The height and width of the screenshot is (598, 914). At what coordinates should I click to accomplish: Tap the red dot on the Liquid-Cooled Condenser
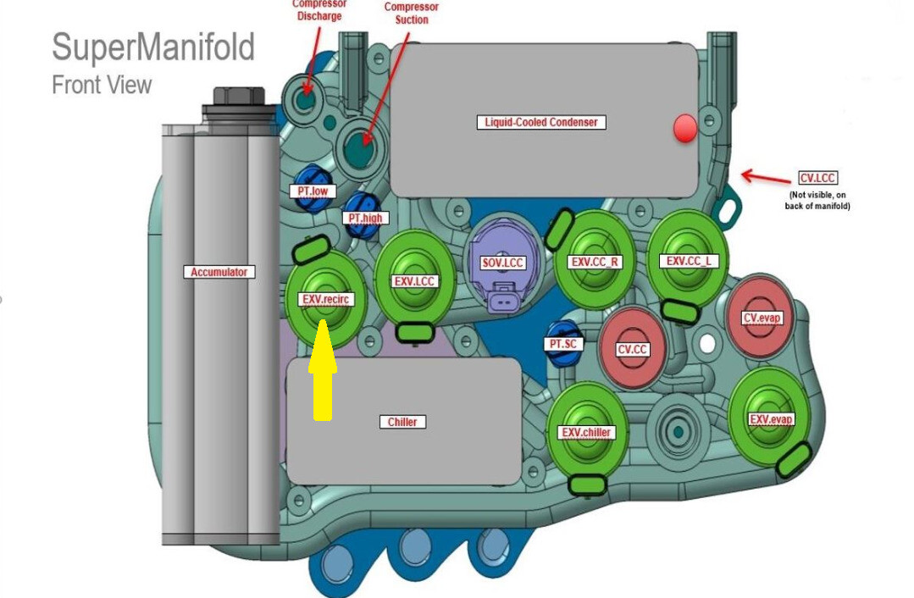tap(684, 129)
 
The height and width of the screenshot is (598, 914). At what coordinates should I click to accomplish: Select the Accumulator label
tap(219, 272)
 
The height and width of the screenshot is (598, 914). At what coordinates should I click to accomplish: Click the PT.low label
tap(313, 191)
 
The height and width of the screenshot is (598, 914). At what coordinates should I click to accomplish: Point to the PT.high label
tap(366, 218)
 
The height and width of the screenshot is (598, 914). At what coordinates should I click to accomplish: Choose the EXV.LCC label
tap(415, 280)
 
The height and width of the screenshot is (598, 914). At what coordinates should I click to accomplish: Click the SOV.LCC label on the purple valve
tap(504, 263)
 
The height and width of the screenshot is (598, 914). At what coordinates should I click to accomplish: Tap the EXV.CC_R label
tap(595, 262)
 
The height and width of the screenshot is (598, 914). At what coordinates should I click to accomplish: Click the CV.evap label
tap(762, 318)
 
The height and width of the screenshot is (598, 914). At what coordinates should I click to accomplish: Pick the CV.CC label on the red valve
tap(633, 349)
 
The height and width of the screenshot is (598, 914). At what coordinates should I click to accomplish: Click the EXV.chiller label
tap(586, 433)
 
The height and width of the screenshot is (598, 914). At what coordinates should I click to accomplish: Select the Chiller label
tap(402, 421)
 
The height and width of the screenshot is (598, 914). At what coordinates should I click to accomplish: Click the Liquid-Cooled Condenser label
tap(541, 122)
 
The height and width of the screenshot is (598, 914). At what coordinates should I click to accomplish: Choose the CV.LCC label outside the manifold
tap(817, 178)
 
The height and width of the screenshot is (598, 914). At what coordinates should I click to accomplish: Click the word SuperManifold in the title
tap(153, 47)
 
